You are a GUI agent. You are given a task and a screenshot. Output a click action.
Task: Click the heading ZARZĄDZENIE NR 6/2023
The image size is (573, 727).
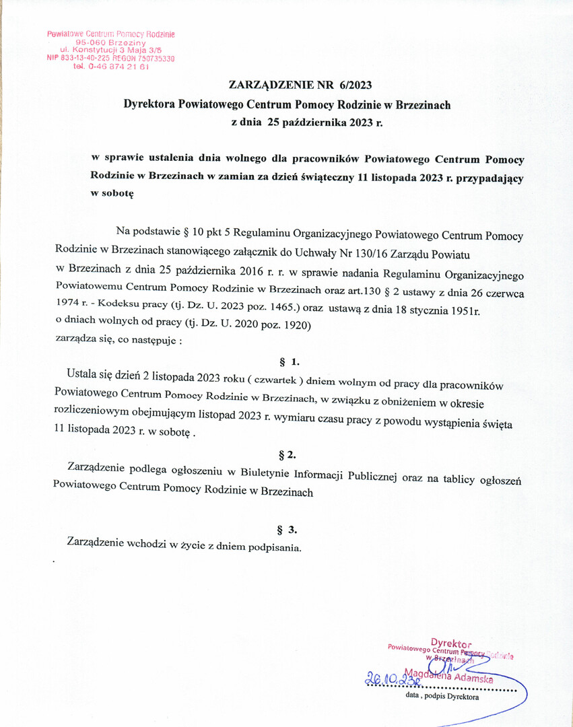300,85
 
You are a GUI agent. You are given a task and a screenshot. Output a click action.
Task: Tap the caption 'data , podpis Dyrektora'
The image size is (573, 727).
442,697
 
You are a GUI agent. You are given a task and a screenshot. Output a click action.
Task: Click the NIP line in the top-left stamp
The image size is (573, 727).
111,59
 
